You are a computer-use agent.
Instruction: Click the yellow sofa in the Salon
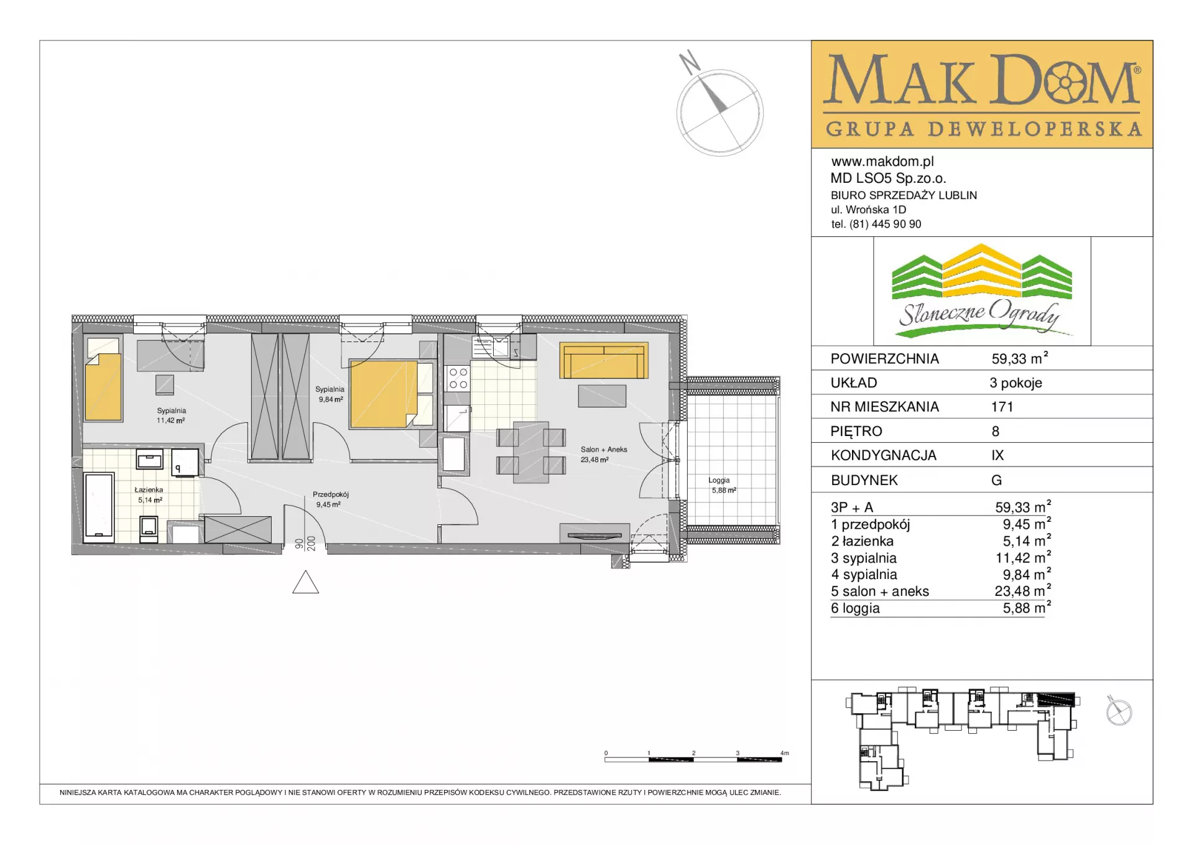point(603,360)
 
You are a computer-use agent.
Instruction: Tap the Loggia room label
point(719,480)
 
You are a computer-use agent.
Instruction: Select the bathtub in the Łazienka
point(99,506)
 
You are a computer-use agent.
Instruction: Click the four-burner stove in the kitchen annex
point(458,379)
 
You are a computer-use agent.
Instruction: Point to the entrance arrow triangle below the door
point(305,582)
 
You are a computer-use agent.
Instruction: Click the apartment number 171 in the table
point(1002,407)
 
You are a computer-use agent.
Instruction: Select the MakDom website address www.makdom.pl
point(882,162)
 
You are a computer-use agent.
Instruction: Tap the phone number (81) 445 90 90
point(886,224)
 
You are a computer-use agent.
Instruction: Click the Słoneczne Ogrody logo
point(981,291)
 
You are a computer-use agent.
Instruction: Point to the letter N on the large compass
point(690,62)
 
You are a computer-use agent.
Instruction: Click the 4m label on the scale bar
point(785,753)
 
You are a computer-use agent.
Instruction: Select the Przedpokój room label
point(331,494)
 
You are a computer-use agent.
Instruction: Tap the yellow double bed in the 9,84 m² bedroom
point(383,394)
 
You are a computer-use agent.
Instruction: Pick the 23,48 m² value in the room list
point(1023,591)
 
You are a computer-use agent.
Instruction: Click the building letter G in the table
point(996,480)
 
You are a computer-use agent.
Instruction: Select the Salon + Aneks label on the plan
point(604,449)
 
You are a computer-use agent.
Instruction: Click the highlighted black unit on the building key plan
point(1055,699)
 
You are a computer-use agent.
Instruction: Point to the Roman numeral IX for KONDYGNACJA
point(997,455)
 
